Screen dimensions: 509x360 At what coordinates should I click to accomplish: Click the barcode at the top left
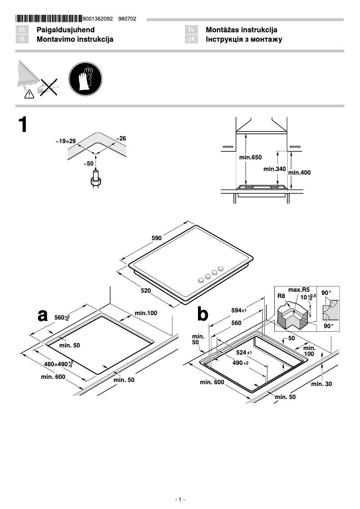tap(48, 19)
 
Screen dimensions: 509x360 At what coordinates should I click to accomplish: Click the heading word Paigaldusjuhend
tap(66, 30)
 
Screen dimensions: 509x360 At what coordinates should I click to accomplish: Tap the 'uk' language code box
tap(191, 39)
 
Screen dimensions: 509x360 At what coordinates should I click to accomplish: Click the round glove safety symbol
tap(85, 79)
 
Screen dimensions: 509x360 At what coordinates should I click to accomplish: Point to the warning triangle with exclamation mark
tap(29, 93)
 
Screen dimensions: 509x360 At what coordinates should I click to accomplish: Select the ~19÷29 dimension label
tap(66, 141)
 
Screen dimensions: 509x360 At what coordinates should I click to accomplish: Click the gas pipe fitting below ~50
tap(95, 179)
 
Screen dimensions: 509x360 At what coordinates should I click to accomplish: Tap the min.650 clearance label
tap(250, 158)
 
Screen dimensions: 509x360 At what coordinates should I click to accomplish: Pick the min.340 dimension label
tap(274, 169)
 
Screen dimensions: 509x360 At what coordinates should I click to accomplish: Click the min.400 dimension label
tap(299, 172)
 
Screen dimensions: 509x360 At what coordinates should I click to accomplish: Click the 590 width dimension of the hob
tap(157, 238)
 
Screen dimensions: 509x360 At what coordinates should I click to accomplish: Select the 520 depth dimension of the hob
tap(145, 291)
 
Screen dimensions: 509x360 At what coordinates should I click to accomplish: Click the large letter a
tap(42, 315)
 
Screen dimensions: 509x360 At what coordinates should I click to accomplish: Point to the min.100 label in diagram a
tap(146, 313)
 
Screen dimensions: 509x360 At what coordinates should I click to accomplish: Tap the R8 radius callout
tap(281, 296)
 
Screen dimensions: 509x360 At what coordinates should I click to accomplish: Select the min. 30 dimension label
tap(321, 384)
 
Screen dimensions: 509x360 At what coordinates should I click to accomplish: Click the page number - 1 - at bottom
tap(180, 500)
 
